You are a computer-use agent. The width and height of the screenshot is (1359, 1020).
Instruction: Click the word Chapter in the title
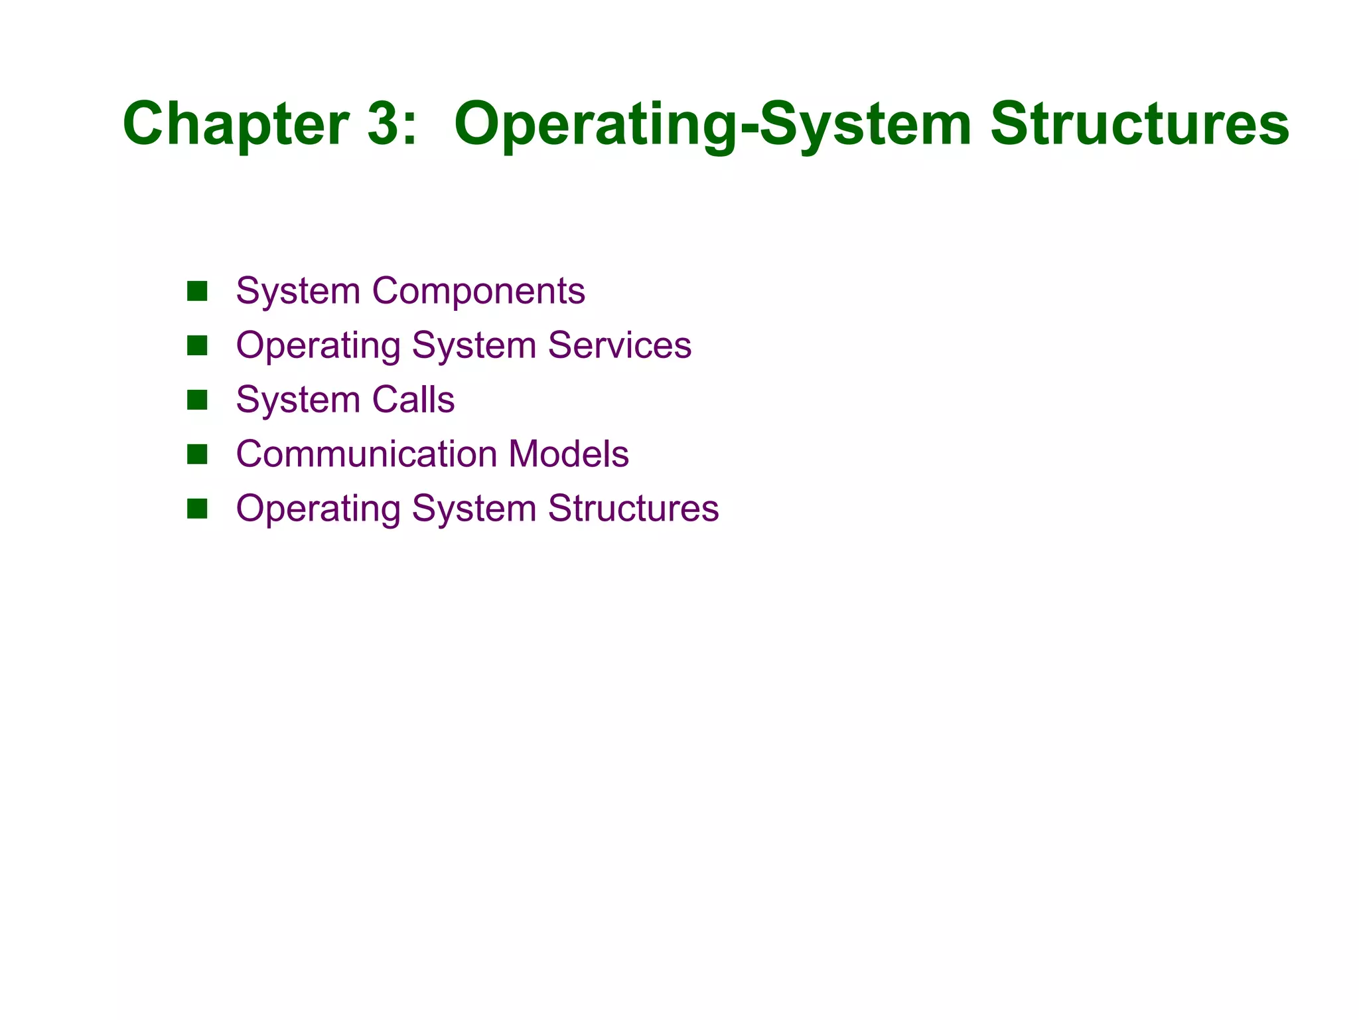[x=236, y=124]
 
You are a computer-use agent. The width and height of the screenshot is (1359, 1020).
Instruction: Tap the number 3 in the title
[x=382, y=124]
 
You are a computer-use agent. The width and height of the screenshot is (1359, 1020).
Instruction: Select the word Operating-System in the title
[x=712, y=124]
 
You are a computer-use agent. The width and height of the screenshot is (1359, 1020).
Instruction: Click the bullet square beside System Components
[x=197, y=291]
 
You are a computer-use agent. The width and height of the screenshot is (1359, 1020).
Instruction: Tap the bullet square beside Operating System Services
[x=197, y=345]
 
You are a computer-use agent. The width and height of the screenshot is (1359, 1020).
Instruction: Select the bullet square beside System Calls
[x=197, y=400]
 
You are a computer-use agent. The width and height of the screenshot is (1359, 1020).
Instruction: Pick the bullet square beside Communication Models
[x=197, y=454]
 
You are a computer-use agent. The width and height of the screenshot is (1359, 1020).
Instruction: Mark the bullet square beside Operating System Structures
[x=197, y=509]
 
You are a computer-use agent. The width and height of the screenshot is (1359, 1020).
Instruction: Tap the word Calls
[x=413, y=400]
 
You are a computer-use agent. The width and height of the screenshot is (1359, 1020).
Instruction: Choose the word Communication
[x=366, y=454]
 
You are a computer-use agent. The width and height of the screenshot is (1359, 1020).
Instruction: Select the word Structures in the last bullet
[x=633, y=509]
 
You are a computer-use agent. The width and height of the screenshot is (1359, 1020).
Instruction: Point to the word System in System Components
[x=298, y=291]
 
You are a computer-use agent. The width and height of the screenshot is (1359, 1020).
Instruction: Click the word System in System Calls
[x=298, y=400]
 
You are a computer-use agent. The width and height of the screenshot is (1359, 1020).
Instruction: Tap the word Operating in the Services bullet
[x=319, y=345]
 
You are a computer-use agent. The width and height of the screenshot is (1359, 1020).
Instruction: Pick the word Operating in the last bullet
[x=319, y=509]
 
